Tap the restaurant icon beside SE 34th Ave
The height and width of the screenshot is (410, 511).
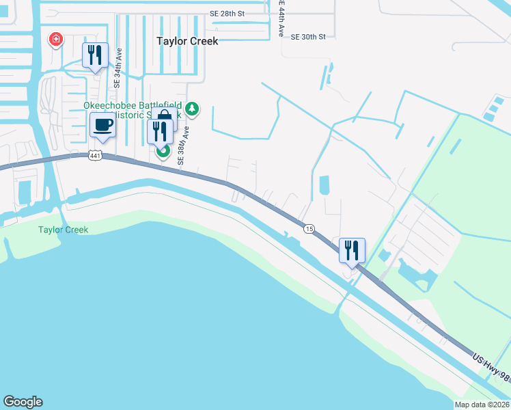click(x=95, y=55)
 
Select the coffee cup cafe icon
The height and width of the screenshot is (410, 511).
click(x=103, y=126)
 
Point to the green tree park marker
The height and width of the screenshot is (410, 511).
click(x=193, y=107)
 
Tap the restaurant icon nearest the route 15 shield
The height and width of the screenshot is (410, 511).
click(x=352, y=249)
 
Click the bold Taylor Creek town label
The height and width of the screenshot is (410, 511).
click(x=187, y=41)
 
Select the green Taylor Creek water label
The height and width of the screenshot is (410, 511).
click(x=63, y=230)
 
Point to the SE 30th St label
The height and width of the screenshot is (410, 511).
click(x=308, y=37)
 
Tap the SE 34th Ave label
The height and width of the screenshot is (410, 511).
click(x=118, y=68)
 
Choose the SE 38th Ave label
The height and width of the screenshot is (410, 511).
click(x=182, y=144)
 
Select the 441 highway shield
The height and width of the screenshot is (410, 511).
click(x=94, y=156)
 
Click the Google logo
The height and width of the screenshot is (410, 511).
click(x=23, y=402)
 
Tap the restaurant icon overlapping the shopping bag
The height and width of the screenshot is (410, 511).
click(x=158, y=131)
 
